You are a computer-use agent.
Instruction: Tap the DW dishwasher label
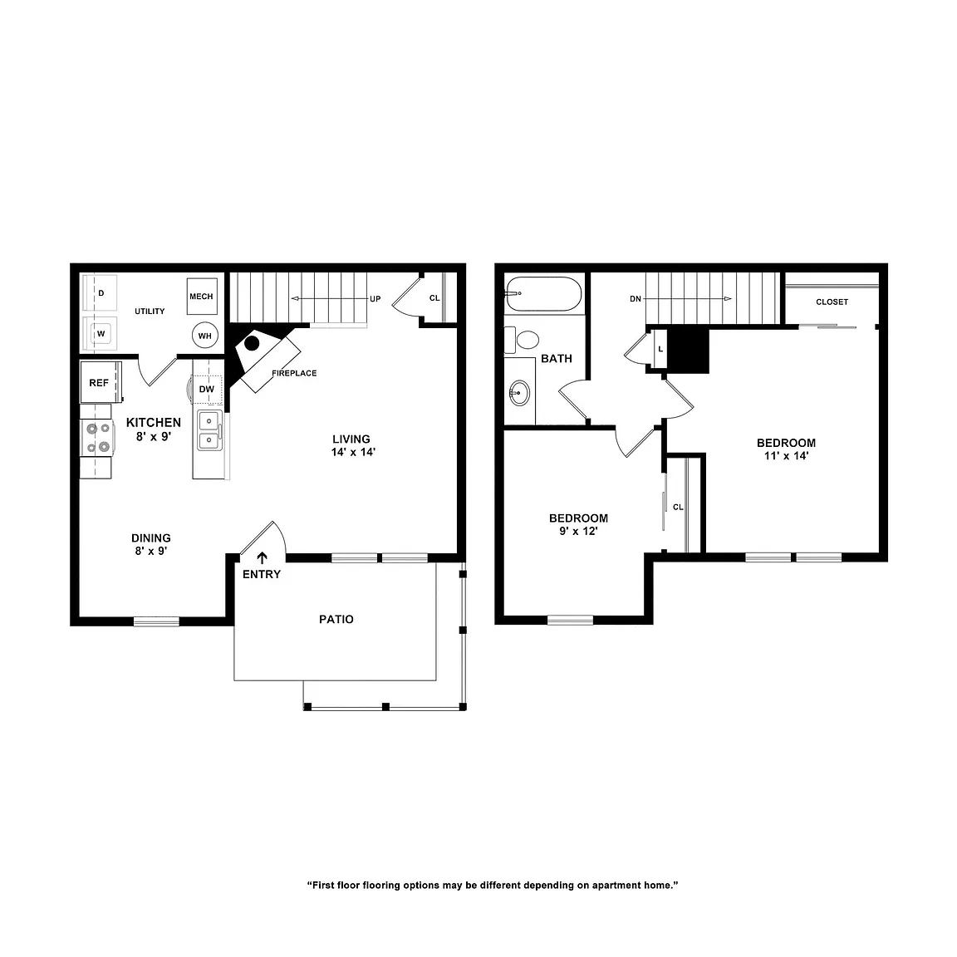coord(207,389)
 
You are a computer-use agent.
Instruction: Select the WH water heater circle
coord(205,336)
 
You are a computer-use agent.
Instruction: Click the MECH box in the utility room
coord(201,297)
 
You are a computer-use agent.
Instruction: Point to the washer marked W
coord(101,334)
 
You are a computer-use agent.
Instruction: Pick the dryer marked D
coord(101,293)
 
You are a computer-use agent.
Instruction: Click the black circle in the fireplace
coord(252,343)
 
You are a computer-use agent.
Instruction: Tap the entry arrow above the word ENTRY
coord(262,557)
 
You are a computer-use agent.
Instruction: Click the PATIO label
coord(336,620)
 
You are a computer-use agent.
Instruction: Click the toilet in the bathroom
coord(523,339)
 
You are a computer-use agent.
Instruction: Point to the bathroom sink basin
coord(519,392)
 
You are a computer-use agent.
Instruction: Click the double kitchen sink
coord(209,430)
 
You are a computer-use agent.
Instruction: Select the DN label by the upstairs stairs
coord(636,299)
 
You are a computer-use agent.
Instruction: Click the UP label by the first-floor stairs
coord(375,299)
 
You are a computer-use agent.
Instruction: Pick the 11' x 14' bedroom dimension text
coord(786,456)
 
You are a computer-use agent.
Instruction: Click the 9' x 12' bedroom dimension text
coord(578,531)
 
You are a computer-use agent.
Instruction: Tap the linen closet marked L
coord(660,349)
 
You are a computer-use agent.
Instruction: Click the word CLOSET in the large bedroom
coord(832,302)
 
